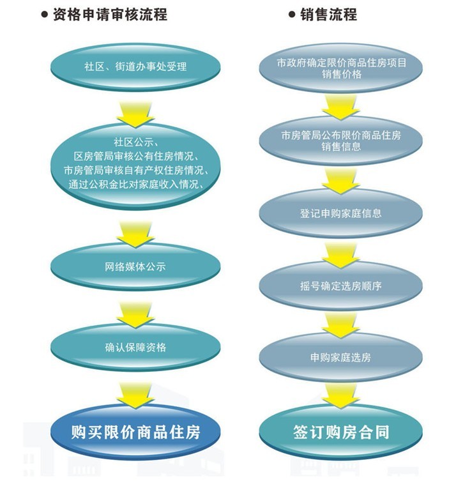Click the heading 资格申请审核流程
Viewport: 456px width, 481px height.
[109, 14]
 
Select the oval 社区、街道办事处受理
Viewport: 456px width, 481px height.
[135, 66]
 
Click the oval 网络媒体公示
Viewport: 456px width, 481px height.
[135, 266]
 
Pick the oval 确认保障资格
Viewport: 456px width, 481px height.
[135, 347]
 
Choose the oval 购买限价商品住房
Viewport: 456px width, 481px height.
[135, 432]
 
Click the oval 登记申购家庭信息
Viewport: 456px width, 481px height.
[341, 213]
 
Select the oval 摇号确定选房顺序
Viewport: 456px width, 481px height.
[341, 286]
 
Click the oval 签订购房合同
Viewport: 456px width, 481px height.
[341, 432]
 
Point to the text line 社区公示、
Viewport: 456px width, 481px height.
[135, 141]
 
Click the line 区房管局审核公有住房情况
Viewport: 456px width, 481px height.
[135, 156]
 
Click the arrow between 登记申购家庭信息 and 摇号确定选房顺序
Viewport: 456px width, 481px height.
[341, 251]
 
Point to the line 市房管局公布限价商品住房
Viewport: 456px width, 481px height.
[341, 135]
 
